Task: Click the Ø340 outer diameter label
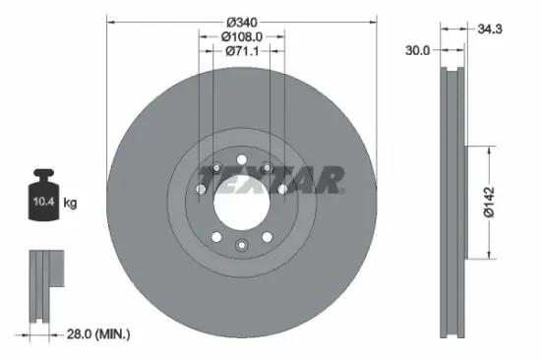pyautogui.click(x=242, y=22)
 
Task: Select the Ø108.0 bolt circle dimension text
pyautogui.click(x=242, y=36)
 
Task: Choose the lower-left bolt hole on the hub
pyautogui.click(x=217, y=236)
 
